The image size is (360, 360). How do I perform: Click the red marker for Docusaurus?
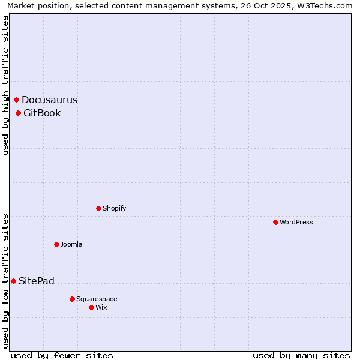pos(17,100)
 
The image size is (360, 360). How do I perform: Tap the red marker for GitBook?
pos(19,113)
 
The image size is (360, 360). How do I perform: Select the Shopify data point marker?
pos(99,208)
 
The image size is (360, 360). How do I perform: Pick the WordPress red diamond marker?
pos(276,222)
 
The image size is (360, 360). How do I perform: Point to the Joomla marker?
pos(57,244)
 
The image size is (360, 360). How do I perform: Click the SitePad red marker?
pos(14,281)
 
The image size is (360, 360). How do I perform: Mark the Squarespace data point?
pos(73,299)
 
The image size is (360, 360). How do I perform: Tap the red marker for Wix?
pos(92,307)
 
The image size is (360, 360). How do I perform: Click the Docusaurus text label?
pos(49,100)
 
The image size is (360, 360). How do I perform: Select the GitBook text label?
pos(42,113)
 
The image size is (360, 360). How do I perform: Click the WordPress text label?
pos(296,222)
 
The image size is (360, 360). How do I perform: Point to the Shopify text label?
pos(114,208)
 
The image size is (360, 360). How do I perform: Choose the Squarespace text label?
pos(97,299)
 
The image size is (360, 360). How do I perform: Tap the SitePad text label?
pos(37,281)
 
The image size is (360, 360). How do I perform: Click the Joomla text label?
pos(71,244)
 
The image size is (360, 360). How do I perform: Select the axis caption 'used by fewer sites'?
pos(62,355)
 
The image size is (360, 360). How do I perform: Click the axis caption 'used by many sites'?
pos(301,355)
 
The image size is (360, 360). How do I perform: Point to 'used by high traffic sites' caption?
pos(5,85)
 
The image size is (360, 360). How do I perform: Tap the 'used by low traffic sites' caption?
pos(5,280)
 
